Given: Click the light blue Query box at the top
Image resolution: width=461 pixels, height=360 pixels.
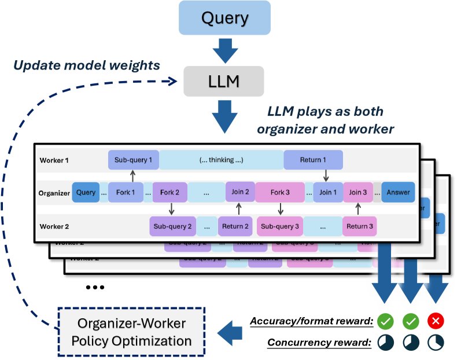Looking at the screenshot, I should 224,19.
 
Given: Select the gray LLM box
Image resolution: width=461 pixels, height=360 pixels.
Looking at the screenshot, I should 224,80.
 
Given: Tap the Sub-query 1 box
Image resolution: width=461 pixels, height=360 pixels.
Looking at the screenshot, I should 133,160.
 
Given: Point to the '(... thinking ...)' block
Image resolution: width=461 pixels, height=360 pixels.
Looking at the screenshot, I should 220,160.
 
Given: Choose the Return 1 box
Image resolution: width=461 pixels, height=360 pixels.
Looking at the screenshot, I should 313,160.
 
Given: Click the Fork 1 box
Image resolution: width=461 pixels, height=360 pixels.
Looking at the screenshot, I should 125,192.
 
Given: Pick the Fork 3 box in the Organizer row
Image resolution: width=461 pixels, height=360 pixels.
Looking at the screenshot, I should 279,192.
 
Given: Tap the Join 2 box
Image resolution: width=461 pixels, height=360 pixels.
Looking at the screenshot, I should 239,192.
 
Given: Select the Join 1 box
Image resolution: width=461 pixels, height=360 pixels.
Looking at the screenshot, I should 328,192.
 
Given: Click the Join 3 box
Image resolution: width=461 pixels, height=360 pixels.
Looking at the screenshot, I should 359,192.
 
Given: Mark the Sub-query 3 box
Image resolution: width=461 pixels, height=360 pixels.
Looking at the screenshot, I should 279,226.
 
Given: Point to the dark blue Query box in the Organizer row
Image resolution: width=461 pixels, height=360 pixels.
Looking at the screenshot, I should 86,192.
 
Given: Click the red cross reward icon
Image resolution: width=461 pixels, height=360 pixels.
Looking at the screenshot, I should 436,320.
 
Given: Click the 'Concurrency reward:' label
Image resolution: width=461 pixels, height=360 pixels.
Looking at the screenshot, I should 319,343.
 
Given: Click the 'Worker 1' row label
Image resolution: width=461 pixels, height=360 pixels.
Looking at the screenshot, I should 54,160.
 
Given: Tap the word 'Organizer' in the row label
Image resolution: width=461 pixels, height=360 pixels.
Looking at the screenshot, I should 54,192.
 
